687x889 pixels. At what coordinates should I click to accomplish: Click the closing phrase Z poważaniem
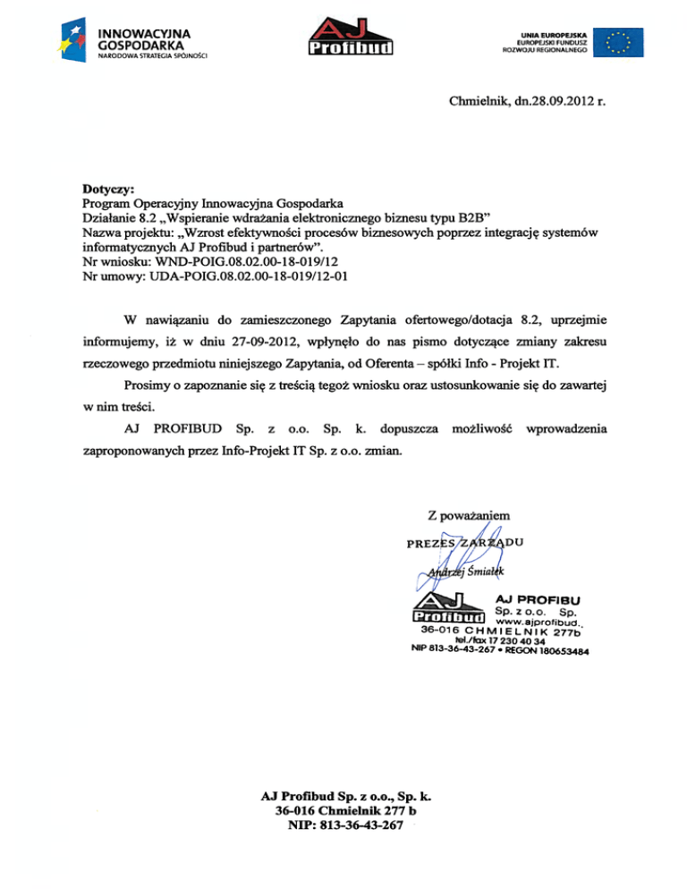point(469,516)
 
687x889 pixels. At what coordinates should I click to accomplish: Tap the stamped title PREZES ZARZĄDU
point(464,542)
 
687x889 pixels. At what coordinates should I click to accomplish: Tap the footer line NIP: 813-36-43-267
point(343,824)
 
